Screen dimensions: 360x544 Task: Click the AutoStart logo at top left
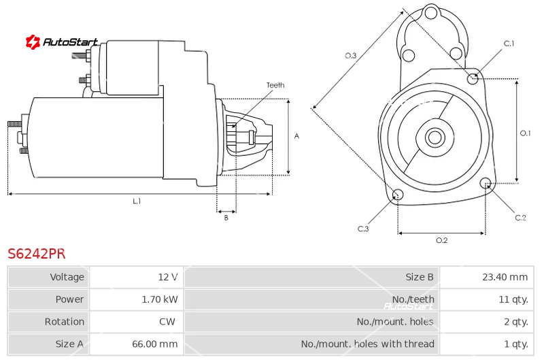62,42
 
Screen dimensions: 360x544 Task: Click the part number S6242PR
36,254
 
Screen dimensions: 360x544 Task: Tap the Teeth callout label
275,85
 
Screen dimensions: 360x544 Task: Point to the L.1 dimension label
137,201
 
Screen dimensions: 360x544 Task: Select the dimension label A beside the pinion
296,136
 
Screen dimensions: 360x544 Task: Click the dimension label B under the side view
226,218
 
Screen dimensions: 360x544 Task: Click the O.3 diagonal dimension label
351,56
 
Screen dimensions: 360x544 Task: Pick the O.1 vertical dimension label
525,133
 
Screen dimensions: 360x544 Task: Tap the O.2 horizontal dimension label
441,240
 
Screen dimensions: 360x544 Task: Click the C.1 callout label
509,44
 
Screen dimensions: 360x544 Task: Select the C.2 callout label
520,218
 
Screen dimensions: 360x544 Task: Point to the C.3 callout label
363,229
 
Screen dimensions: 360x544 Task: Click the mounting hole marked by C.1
473,79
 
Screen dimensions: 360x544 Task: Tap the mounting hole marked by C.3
398,196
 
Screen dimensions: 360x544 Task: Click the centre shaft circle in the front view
435,137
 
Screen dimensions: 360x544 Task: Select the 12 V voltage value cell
167,277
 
